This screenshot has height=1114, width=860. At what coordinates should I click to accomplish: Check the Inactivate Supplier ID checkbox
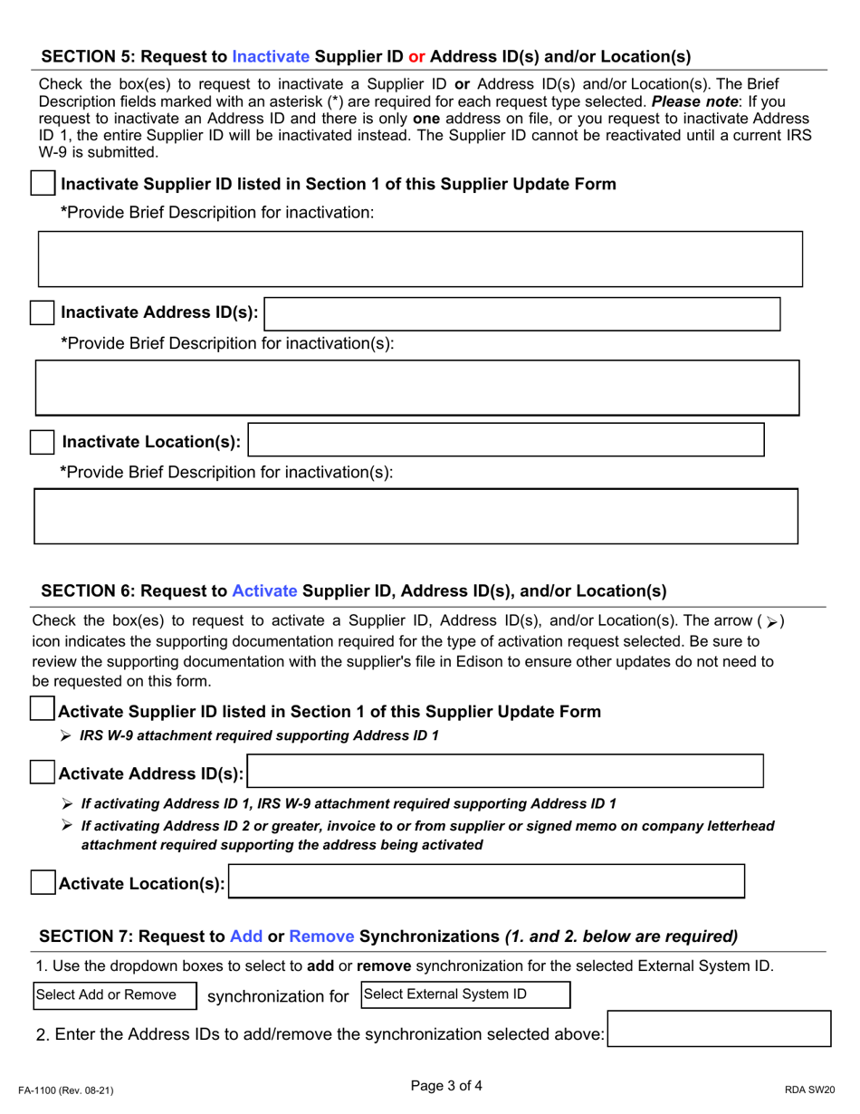click(42, 184)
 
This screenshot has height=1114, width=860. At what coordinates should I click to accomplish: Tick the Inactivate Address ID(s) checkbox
click(42, 313)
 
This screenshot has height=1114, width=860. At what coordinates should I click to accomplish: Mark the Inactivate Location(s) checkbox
click(42, 442)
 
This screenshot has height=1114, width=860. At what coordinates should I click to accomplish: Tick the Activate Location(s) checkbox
click(42, 884)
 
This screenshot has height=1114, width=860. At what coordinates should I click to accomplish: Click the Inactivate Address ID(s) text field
click(522, 313)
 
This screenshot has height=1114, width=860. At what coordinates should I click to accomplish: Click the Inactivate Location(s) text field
click(507, 439)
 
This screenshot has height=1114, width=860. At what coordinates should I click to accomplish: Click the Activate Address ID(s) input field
click(506, 772)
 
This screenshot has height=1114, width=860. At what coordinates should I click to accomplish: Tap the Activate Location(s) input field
click(487, 882)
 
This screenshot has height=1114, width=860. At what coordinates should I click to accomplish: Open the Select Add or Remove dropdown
click(115, 995)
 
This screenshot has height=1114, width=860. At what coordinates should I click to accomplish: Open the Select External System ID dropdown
click(465, 994)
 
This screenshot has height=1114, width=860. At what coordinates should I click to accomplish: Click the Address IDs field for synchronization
click(720, 1032)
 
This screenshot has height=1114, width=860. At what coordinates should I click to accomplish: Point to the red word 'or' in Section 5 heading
click(416, 56)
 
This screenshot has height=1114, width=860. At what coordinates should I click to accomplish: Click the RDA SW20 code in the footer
click(806, 1092)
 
